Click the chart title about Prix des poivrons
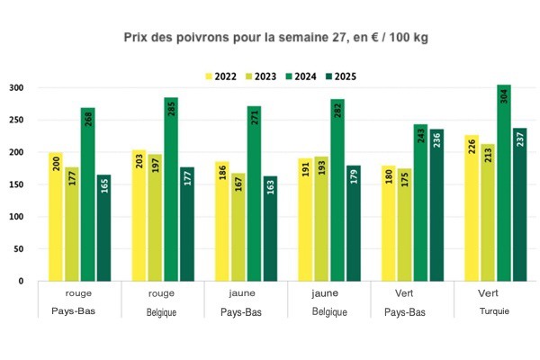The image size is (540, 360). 269,40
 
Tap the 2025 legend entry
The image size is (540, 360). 337,76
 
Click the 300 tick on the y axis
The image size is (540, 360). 16,88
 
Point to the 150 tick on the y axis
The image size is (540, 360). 16,184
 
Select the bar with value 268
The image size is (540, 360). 88,194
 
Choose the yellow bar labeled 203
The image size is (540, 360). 139,215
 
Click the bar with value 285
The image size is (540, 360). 171,189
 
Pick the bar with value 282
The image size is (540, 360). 337,190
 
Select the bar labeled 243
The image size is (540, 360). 420,202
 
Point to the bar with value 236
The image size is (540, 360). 437,205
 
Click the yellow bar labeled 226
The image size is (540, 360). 472,208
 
